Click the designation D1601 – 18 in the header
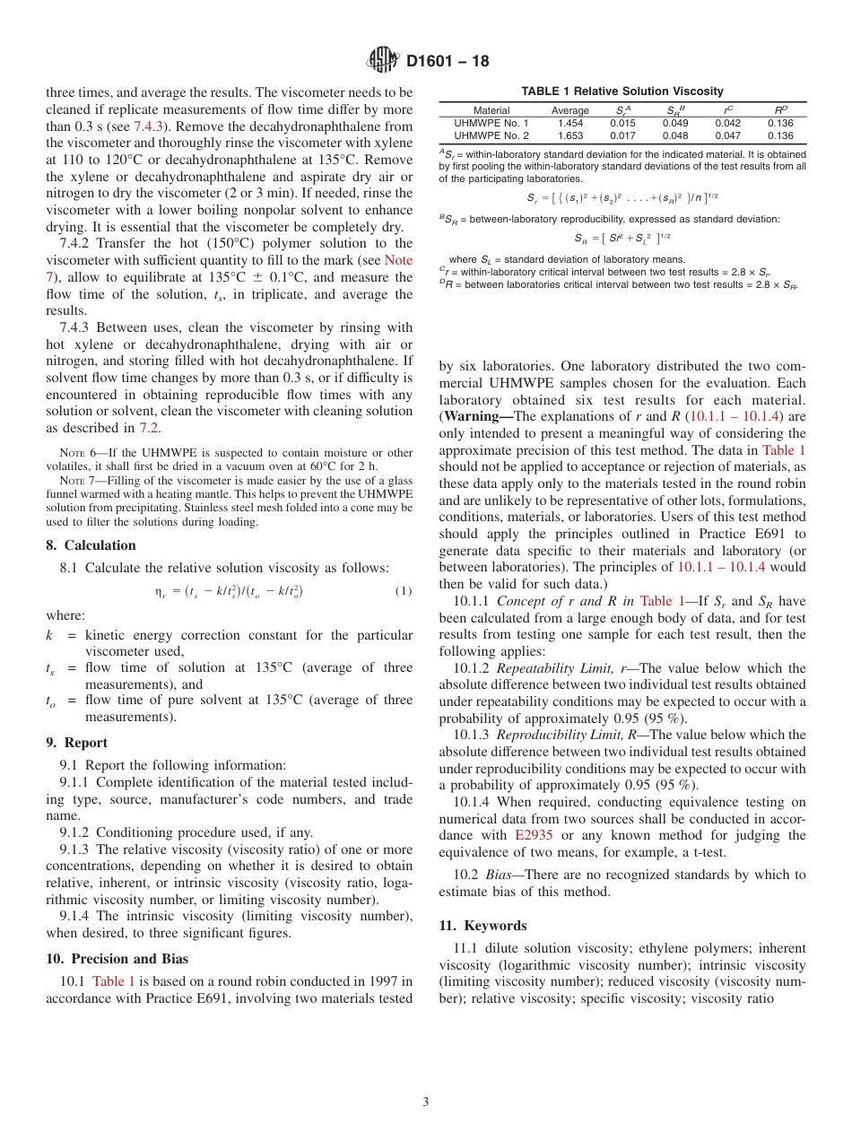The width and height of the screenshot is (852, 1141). [x=448, y=62]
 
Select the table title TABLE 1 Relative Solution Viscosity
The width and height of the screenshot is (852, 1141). [x=622, y=91]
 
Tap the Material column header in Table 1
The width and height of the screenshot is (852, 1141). [x=491, y=111]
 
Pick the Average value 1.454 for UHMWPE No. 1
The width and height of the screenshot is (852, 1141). [x=569, y=123]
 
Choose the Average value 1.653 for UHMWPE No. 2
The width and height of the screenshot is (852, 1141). [x=569, y=135]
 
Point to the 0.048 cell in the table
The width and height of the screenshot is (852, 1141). [x=675, y=135]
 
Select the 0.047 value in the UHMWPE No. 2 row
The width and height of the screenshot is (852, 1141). [x=728, y=135]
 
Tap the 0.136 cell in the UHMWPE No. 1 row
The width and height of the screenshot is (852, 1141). [x=780, y=123]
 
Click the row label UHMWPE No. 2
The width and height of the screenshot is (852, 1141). [x=491, y=135]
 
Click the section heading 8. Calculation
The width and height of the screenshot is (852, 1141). [x=91, y=545]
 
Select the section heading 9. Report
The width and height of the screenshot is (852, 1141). [x=76, y=743]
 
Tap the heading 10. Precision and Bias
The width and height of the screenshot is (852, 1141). [x=117, y=958]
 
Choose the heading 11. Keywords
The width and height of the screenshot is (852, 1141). [x=483, y=926]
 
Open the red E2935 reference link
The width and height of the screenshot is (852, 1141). [x=534, y=835]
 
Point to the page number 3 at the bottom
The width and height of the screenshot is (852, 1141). [x=426, y=1102]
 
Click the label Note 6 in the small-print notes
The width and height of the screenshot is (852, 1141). [x=74, y=453]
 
